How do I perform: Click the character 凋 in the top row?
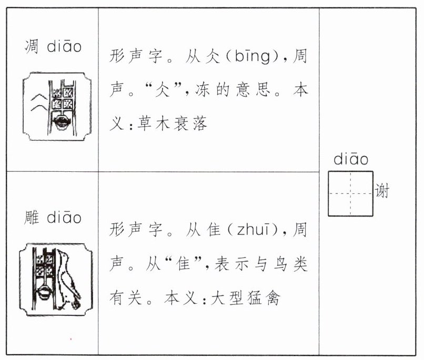click(32, 47)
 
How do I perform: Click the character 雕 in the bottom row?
click(32, 217)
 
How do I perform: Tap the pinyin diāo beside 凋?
click(64, 47)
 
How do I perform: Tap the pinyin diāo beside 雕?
click(64, 217)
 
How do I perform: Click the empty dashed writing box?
click(350, 193)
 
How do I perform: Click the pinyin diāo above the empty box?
click(351, 160)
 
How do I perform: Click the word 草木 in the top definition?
click(152, 124)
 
